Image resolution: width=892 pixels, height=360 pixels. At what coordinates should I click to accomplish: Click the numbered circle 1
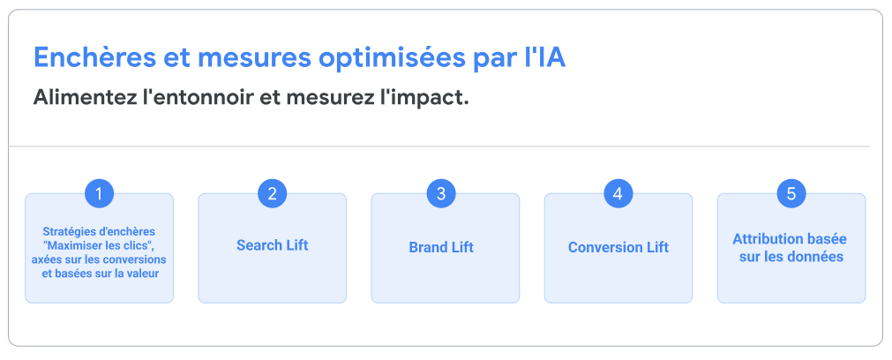click(x=99, y=194)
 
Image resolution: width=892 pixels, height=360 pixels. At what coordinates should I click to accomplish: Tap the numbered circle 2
click(x=272, y=194)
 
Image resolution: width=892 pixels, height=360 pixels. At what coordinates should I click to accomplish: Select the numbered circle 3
click(x=441, y=194)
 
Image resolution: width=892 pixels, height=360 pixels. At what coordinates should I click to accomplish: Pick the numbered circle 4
click(x=618, y=194)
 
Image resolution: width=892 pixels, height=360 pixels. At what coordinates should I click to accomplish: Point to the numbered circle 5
click(x=791, y=194)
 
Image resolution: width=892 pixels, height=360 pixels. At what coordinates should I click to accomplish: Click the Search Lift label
click(x=272, y=245)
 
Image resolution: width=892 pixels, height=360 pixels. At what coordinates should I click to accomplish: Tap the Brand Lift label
click(x=441, y=247)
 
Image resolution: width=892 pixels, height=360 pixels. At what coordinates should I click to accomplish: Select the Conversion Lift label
click(x=618, y=247)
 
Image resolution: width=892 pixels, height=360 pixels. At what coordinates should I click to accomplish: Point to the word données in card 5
click(x=816, y=257)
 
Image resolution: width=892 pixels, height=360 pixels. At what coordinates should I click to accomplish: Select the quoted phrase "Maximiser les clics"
click(x=99, y=245)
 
